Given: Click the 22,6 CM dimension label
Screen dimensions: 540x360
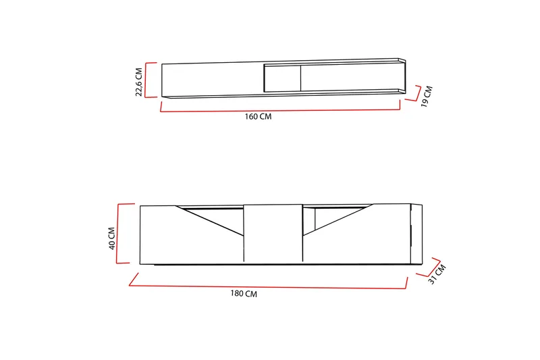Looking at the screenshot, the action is click(138, 82).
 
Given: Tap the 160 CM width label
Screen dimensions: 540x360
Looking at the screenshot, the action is click(258, 116).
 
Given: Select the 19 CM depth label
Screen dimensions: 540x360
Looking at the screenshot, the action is click(427, 97).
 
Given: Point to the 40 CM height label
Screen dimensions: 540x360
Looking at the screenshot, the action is click(111, 238).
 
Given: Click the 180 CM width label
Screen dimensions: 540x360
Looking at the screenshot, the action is click(244, 294).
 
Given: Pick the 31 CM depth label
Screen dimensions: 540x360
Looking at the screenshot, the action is click(437, 274).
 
